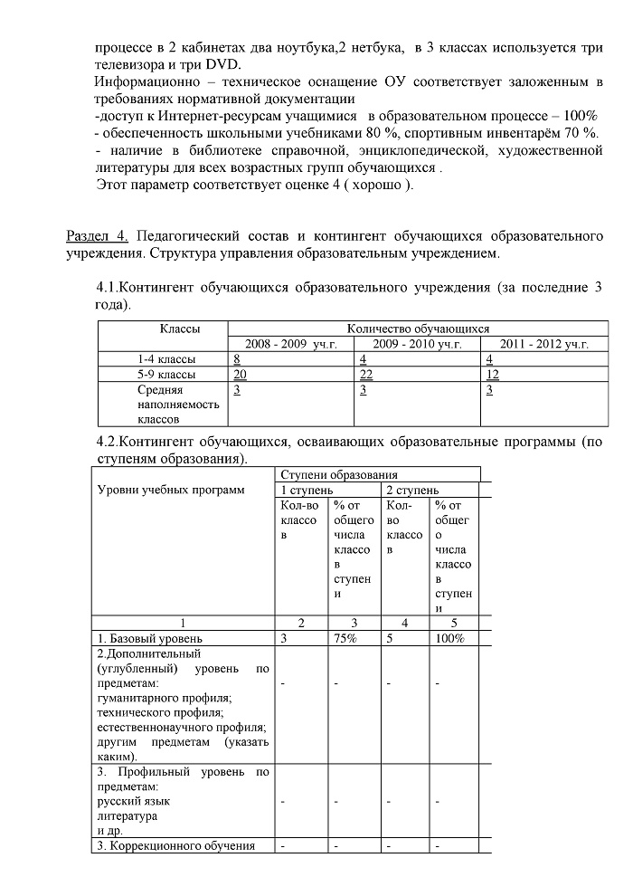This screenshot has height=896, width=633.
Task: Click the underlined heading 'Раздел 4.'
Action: pyautogui.click(x=99, y=237)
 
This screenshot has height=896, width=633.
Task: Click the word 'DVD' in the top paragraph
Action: pyautogui.click(x=222, y=64)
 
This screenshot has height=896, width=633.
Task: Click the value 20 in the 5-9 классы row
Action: pyautogui.click(x=241, y=375)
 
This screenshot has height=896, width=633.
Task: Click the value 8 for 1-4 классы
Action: pyautogui.click(x=237, y=359)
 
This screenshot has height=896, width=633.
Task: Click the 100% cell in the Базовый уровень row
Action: pyautogui.click(x=449, y=639)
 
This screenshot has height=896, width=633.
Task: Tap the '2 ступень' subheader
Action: pyautogui.click(x=412, y=490)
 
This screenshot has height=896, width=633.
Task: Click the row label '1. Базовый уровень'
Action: pyautogui.click(x=145, y=639)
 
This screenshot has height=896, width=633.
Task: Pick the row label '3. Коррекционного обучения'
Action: pyautogui.click(x=171, y=846)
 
